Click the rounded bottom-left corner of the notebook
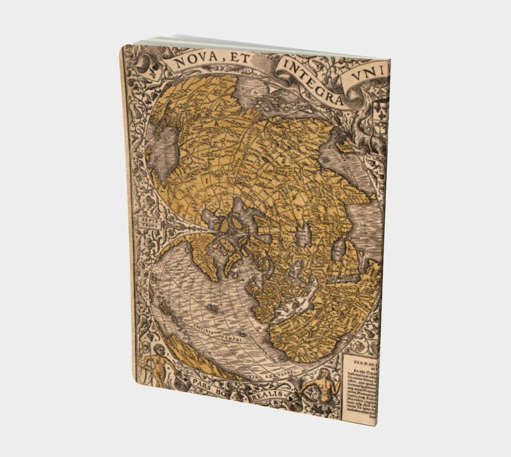[x=136, y=377]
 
